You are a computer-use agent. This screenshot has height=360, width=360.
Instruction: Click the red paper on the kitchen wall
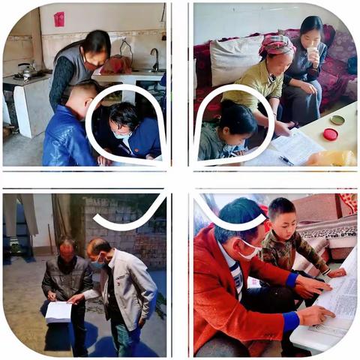[59, 19]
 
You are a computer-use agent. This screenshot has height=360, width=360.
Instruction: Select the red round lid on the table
[330, 134]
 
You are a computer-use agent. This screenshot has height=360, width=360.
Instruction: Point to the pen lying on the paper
[286, 159]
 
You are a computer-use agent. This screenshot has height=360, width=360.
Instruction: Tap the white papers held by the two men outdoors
[58, 310]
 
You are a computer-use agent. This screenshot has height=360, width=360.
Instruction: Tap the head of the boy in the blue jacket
[84, 96]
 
